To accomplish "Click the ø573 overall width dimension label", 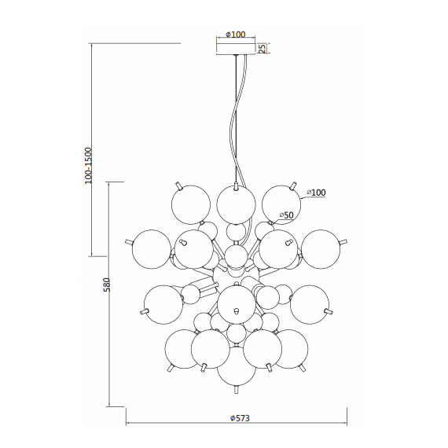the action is click(240, 418).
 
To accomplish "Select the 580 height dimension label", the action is click(106, 285).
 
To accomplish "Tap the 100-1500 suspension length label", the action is click(89, 166).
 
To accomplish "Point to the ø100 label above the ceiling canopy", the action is click(236, 35).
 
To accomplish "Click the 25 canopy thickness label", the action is click(263, 48).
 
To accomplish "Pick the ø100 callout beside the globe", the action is click(316, 193).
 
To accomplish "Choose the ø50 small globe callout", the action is click(287, 215).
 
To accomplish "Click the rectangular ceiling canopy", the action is click(236, 49).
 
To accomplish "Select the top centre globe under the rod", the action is click(236, 204).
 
